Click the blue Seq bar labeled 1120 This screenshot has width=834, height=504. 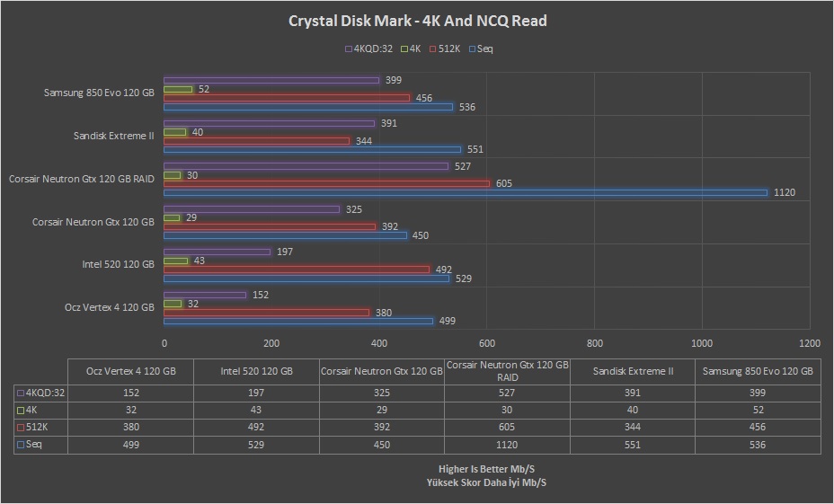pyautogui.click(x=466, y=192)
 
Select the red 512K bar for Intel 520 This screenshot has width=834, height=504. pyautogui.click(x=297, y=270)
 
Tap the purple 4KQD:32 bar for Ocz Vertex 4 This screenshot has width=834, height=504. pyautogui.click(x=205, y=295)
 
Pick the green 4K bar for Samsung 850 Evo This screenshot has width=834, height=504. pyautogui.click(x=178, y=89)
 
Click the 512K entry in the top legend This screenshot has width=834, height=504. pyautogui.click(x=445, y=49)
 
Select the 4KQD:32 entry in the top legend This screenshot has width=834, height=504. pyautogui.click(x=369, y=49)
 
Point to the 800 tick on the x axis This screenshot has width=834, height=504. pyautogui.click(x=595, y=343)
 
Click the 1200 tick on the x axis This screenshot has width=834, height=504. pyautogui.click(x=810, y=343)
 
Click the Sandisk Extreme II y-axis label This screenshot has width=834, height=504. pyautogui.click(x=114, y=136)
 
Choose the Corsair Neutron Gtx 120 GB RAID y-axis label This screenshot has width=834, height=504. pyautogui.click(x=82, y=179)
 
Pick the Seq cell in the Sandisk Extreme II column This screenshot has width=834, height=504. pyautogui.click(x=633, y=445)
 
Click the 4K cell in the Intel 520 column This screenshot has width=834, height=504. pyautogui.click(x=256, y=410)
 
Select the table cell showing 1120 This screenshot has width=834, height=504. pyautogui.click(x=507, y=445)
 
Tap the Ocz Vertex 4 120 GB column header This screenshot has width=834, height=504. pyautogui.click(x=131, y=371)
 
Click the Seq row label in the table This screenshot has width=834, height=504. pyautogui.click(x=30, y=444)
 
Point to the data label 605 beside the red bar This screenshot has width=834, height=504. pyautogui.click(x=503, y=183)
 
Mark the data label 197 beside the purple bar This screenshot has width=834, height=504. pyautogui.click(x=285, y=252)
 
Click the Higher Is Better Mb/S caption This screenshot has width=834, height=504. pyautogui.click(x=486, y=469)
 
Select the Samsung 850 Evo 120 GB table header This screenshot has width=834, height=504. pyautogui.click(x=758, y=371)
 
